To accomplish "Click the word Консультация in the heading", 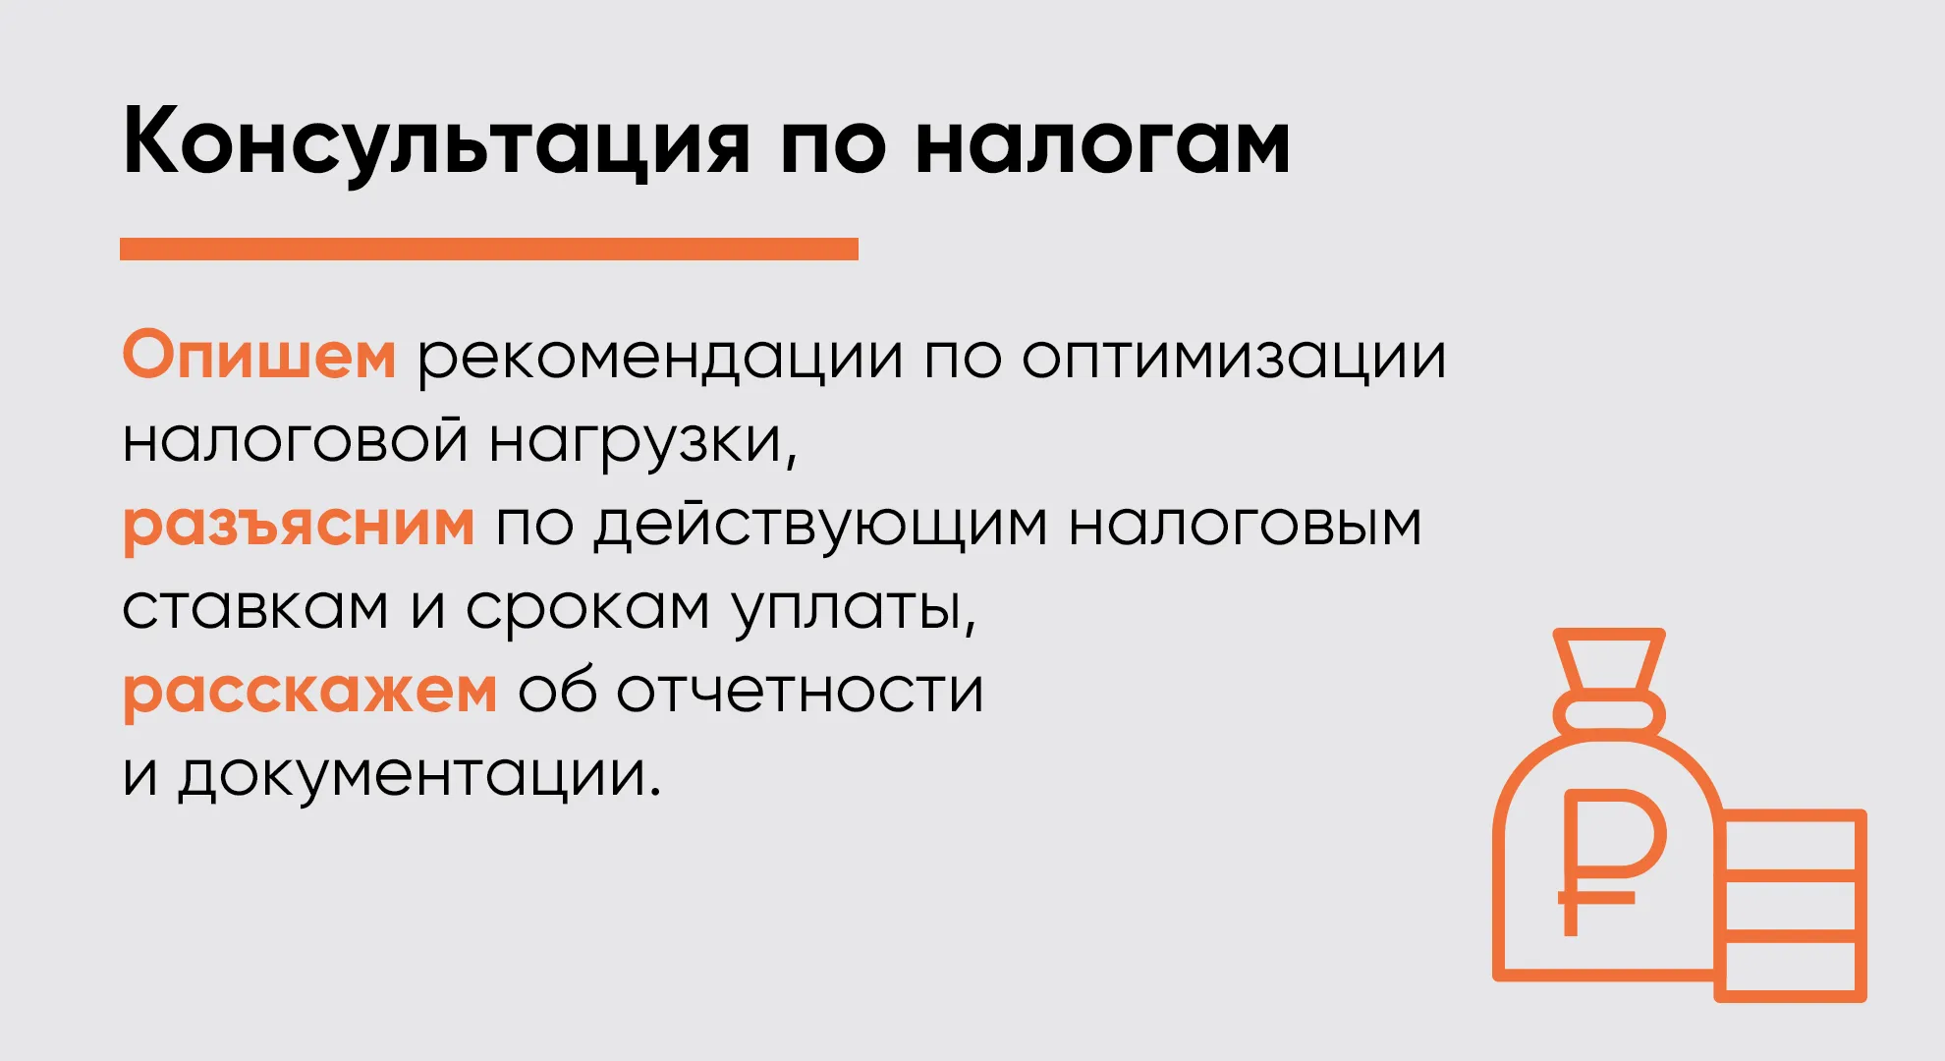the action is point(436,141).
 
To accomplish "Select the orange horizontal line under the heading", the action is point(489,249).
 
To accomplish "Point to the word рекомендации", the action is point(659,360).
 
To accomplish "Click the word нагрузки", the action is point(642,442).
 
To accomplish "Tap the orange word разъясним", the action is point(299,526).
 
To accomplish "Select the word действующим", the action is point(820,527).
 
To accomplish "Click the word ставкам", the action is point(255,608).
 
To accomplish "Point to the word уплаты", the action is point(855,610).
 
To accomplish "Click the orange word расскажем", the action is point(310,694).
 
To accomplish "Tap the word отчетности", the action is point(800,691).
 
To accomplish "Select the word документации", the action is point(419,776).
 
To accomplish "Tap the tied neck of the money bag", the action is point(1609,712).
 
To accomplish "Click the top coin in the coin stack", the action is point(1790,841).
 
